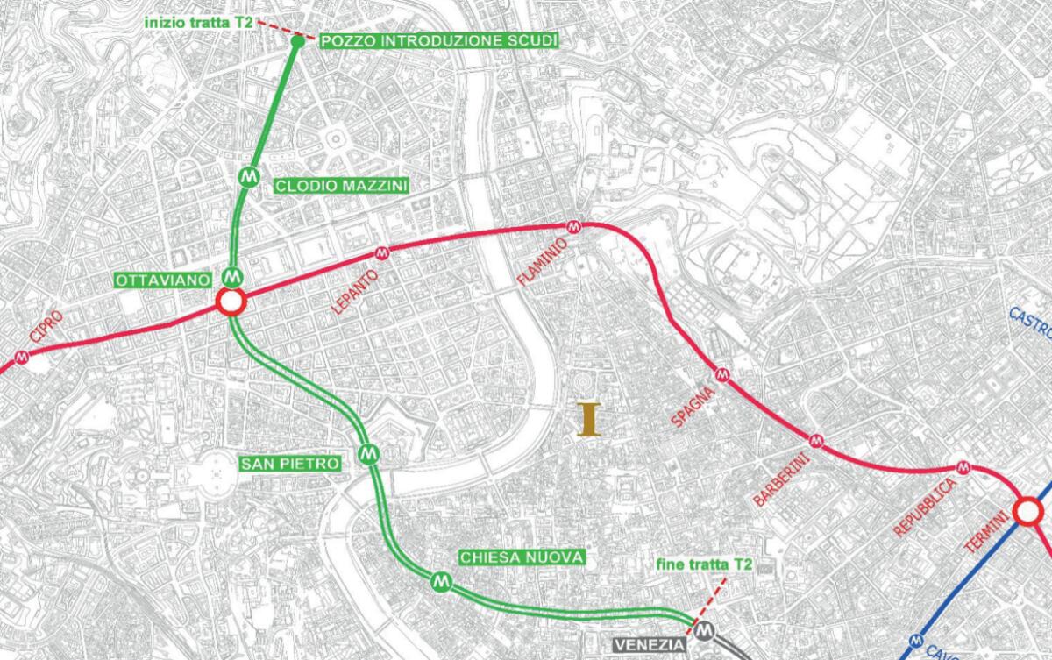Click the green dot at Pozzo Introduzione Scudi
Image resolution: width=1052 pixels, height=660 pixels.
[296, 41]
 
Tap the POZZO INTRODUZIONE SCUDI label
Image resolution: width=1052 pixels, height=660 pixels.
[439, 41]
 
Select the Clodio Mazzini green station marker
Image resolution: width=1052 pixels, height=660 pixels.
[250, 175]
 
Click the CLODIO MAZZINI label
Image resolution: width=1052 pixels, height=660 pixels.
[340, 186]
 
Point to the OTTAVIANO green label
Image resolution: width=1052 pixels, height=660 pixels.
[164, 280]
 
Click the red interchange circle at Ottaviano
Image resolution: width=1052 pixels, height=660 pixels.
[231, 303]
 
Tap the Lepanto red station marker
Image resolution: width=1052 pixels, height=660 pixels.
[381, 254]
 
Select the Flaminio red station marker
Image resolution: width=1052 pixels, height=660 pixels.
[574, 226]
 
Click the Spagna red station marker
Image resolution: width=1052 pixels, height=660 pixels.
[723, 375]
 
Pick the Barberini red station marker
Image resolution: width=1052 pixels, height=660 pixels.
[817, 439]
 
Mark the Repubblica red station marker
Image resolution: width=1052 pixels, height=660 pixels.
[963, 467]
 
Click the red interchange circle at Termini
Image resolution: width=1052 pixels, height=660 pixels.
[1027, 511]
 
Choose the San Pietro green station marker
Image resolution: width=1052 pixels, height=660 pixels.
[367, 453]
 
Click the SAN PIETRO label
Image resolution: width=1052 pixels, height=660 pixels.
[290, 464]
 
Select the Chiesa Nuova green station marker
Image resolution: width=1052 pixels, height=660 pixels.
[441, 580]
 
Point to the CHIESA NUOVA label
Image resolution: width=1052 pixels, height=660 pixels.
[521, 557]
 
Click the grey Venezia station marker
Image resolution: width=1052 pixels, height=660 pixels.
[705, 630]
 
